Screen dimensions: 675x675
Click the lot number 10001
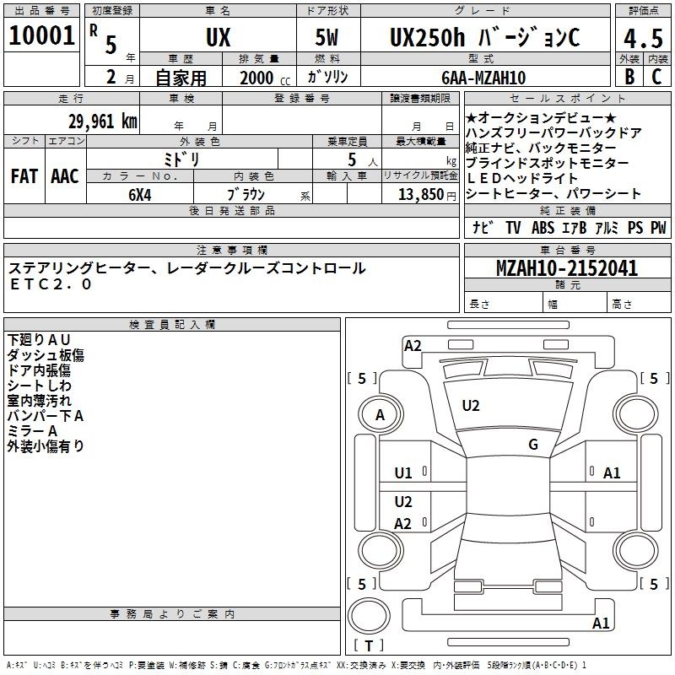(x=41, y=35)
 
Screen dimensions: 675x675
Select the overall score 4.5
(x=643, y=38)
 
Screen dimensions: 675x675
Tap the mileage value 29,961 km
(x=102, y=121)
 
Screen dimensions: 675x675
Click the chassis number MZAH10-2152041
(x=567, y=268)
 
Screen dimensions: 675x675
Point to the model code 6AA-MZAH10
(x=483, y=78)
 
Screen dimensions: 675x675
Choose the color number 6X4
(x=140, y=195)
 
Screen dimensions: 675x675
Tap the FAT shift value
(x=24, y=176)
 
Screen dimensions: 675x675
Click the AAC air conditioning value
(x=65, y=176)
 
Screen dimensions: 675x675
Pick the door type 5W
(x=327, y=37)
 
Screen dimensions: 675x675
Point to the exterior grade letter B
(x=629, y=77)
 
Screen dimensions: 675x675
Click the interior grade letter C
(x=656, y=77)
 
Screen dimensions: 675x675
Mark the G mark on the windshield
(x=533, y=445)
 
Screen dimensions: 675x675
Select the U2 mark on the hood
(x=471, y=406)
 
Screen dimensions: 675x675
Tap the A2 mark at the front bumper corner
(x=413, y=346)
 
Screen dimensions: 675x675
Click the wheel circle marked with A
(x=381, y=414)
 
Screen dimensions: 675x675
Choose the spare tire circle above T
(x=369, y=616)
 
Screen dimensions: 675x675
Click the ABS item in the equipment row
(x=543, y=228)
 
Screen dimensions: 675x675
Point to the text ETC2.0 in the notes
(x=51, y=284)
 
